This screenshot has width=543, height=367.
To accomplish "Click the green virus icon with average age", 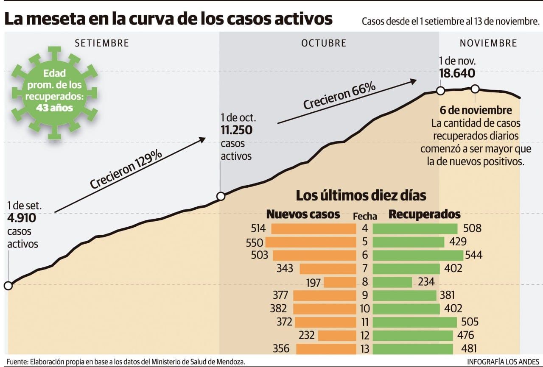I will pos(54,92).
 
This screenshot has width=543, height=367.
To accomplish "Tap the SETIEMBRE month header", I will pos(102,43).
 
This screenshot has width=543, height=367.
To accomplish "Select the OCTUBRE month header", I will pos(324,43).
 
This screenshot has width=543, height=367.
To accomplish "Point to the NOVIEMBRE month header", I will pos(488,43).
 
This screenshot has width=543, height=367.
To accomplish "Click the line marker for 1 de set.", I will pos(8,286).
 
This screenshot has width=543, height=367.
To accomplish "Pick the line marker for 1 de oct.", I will pos(221,196).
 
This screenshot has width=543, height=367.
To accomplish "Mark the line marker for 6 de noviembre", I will pos(475,89).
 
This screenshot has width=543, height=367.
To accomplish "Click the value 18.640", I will pos(456,73).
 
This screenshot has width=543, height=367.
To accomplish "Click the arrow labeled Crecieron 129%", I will pos(130,174).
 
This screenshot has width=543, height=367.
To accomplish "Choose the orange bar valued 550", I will pos(311,242).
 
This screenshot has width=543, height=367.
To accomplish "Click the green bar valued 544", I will pos(418,255).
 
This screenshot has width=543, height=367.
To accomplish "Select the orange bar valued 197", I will pos(340,282).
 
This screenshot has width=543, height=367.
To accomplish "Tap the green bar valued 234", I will pos(392,282).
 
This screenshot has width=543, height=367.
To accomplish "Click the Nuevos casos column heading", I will pos(303,214).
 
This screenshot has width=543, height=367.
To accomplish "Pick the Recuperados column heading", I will pos(425,214).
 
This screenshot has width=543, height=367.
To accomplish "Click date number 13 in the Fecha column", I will pos(364,349).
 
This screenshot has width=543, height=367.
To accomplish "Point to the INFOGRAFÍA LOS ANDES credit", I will pos(503,362).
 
